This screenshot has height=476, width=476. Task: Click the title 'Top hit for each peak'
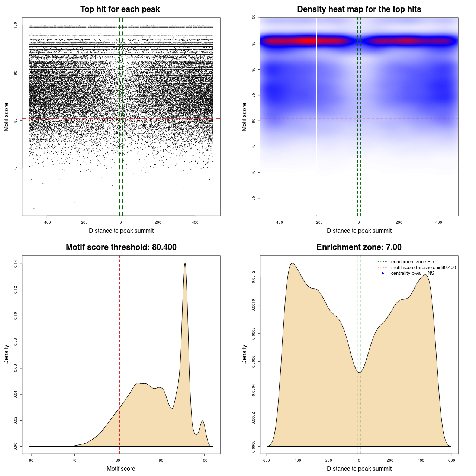[120, 9]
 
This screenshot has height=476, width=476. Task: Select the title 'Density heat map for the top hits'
[359, 9]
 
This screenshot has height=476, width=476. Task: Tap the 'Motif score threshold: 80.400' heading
[121, 247]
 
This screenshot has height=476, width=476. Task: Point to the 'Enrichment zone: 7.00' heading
[359, 247]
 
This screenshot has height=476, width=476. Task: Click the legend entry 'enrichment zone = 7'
[413, 262]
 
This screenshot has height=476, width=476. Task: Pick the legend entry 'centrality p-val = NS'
[412, 273]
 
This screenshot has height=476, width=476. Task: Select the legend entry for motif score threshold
[423, 268]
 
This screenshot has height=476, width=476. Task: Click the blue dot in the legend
[383, 273]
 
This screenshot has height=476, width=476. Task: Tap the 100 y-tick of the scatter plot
[16, 25]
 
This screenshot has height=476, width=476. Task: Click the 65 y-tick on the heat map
[254, 198]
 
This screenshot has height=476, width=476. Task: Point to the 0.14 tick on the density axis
[16, 264]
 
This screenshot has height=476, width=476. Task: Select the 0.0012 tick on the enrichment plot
[254, 277]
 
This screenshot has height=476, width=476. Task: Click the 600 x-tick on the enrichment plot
[451, 460]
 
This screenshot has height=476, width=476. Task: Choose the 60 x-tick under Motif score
[31, 460]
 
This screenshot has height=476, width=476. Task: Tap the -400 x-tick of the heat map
[279, 222]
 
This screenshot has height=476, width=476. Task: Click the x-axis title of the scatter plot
[121, 231]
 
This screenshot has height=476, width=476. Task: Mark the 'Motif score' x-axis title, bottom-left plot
[121, 469]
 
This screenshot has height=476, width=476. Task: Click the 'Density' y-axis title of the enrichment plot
[244, 354]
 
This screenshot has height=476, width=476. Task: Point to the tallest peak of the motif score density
[185, 264]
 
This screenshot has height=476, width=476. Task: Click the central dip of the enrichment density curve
[359, 372]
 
